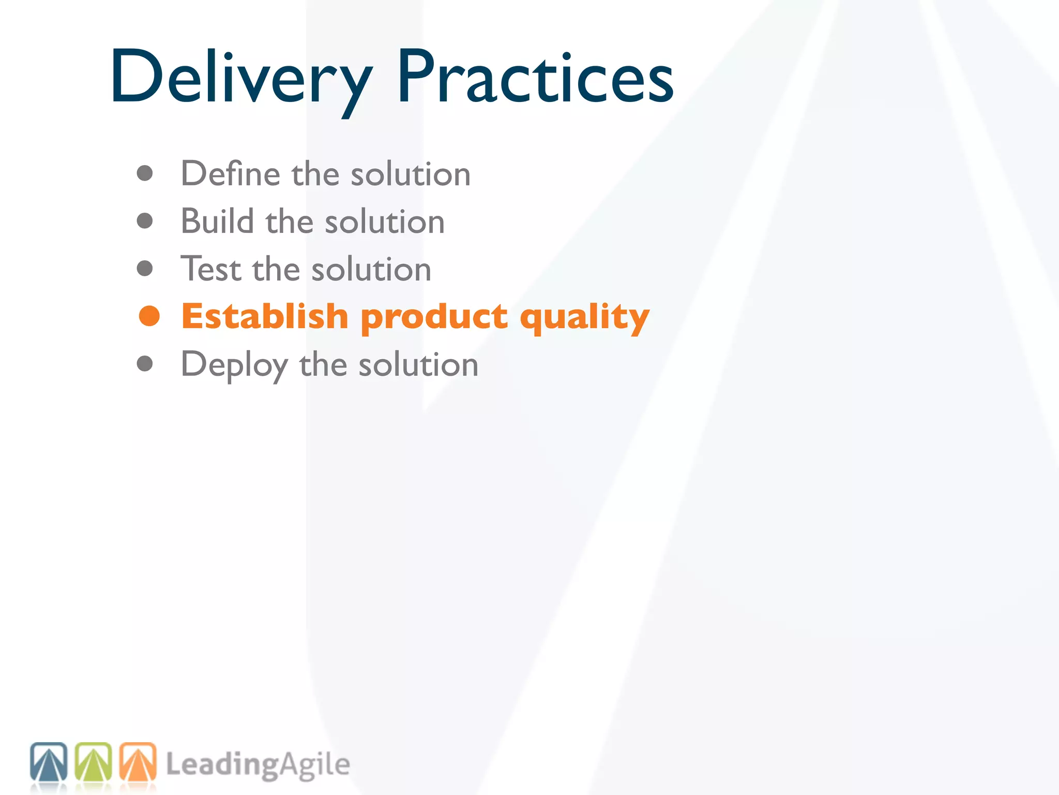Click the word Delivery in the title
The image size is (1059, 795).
pos(240,78)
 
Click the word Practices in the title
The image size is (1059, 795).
pos(535,78)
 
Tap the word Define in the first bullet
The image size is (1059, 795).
pos(230,173)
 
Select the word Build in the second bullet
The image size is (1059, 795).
pos(217,222)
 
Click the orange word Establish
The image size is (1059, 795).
pos(265,316)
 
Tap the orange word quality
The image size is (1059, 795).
pos(584,317)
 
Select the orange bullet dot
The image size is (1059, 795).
pos(149,316)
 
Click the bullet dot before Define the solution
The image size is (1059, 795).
pos(145,173)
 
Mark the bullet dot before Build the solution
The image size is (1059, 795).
pos(145,221)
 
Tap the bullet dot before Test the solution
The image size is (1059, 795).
pos(145,269)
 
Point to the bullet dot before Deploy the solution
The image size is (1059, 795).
pos(145,364)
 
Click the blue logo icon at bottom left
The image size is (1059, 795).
pos(49,762)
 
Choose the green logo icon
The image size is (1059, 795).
pos(93,762)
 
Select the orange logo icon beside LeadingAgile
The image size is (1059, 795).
pos(138,762)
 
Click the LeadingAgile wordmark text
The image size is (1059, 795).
pos(258,765)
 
